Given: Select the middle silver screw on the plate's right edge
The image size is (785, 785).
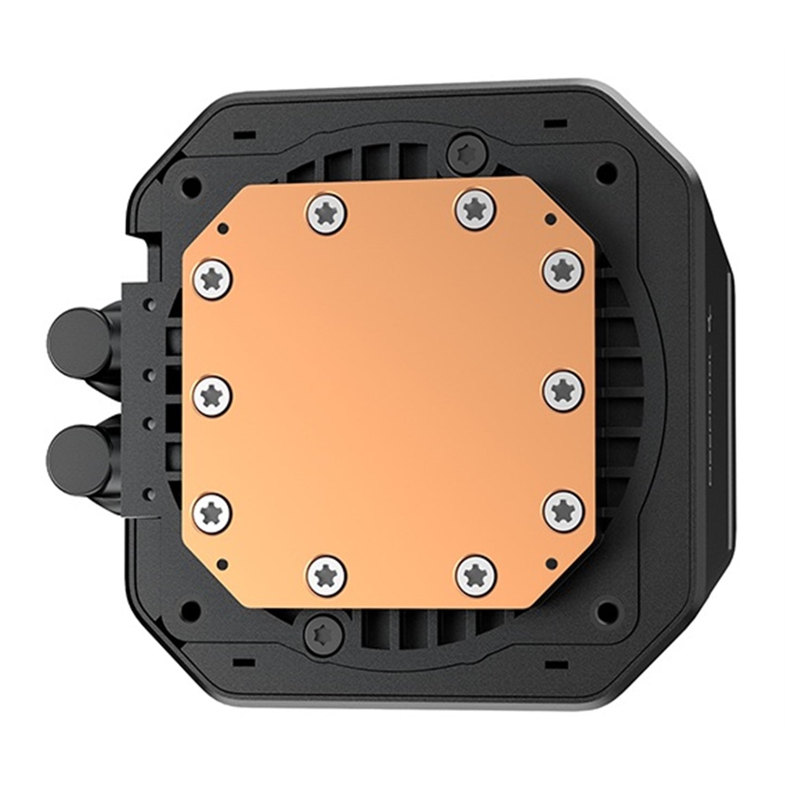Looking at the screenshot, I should tap(563, 390).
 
